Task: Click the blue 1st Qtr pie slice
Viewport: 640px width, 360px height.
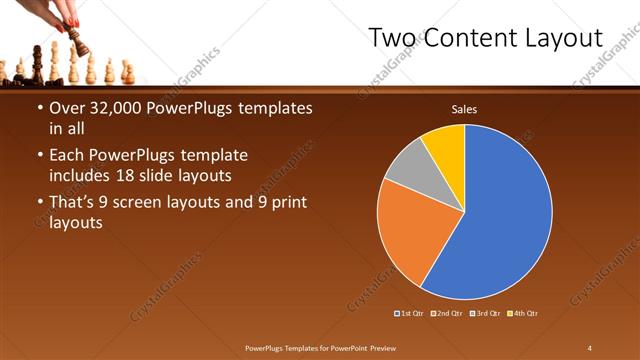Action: (x=500, y=210)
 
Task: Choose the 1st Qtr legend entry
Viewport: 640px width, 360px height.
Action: (x=410, y=314)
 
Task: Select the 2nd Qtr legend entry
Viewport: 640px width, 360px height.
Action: (x=447, y=314)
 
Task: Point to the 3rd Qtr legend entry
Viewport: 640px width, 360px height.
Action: (x=485, y=314)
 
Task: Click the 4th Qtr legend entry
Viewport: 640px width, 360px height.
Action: (x=522, y=314)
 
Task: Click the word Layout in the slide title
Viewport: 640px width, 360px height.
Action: (x=561, y=39)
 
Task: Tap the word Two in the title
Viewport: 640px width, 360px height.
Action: (x=393, y=39)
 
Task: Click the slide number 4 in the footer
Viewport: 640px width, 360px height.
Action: (x=589, y=347)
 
